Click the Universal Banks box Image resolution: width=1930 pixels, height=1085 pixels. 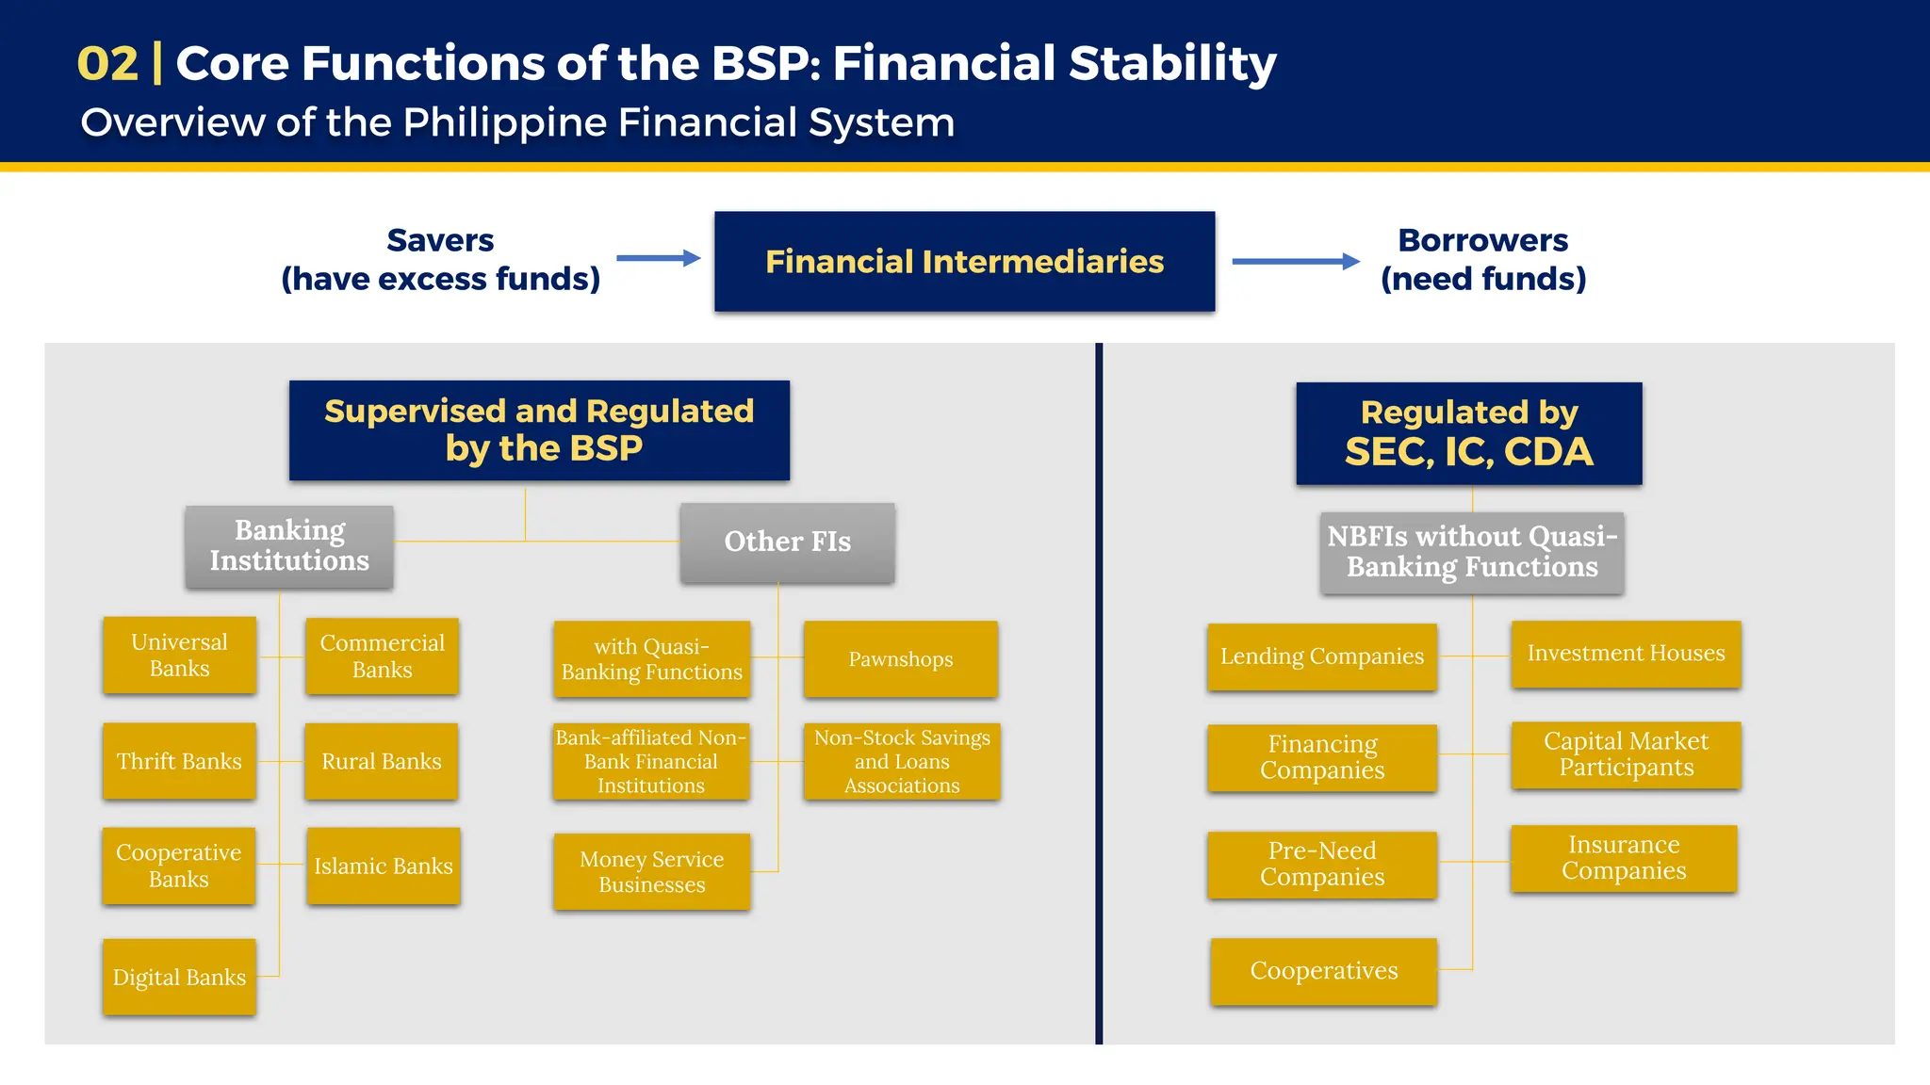[179, 656]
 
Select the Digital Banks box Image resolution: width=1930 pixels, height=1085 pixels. [179, 977]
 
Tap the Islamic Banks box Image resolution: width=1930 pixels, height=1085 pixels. [383, 866]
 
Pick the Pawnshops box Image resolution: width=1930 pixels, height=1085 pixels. [900, 659]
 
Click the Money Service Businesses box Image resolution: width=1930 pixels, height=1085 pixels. [651, 871]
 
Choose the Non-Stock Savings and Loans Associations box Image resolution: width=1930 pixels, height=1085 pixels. [901, 761]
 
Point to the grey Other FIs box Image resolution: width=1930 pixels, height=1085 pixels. [787, 542]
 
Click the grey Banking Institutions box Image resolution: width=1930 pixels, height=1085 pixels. [289, 546]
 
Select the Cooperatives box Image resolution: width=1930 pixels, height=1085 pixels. [1323, 971]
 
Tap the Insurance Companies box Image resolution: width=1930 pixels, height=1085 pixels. [1623, 858]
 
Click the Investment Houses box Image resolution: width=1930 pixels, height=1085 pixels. [1626, 654]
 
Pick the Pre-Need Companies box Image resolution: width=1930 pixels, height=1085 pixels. [1321, 864]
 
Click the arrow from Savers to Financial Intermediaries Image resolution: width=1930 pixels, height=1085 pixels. [659, 258]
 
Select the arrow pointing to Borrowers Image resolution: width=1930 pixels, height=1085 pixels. [1296, 261]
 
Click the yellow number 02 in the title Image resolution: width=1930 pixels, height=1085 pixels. [107, 64]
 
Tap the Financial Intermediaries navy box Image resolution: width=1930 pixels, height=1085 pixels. [964, 261]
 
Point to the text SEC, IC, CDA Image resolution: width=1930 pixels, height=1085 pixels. [1468, 452]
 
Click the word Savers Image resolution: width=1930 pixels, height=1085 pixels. [440, 240]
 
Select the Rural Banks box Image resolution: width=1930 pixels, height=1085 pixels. [381, 761]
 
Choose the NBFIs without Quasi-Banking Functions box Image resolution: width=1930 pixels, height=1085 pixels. [1471, 552]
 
